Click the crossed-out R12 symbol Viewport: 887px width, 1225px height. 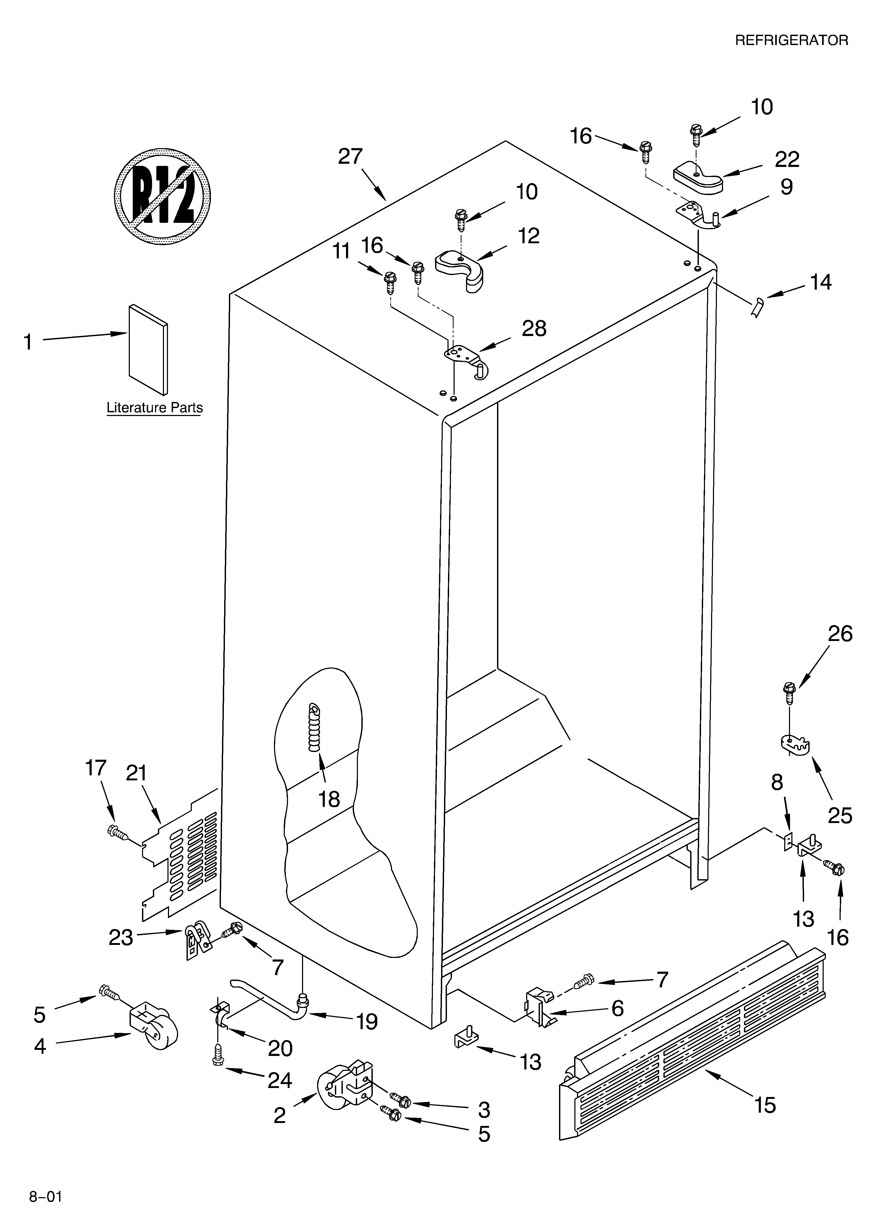click(162, 196)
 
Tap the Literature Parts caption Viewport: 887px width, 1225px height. click(154, 408)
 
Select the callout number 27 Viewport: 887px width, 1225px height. click(350, 157)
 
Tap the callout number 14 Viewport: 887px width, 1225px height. click(821, 282)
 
